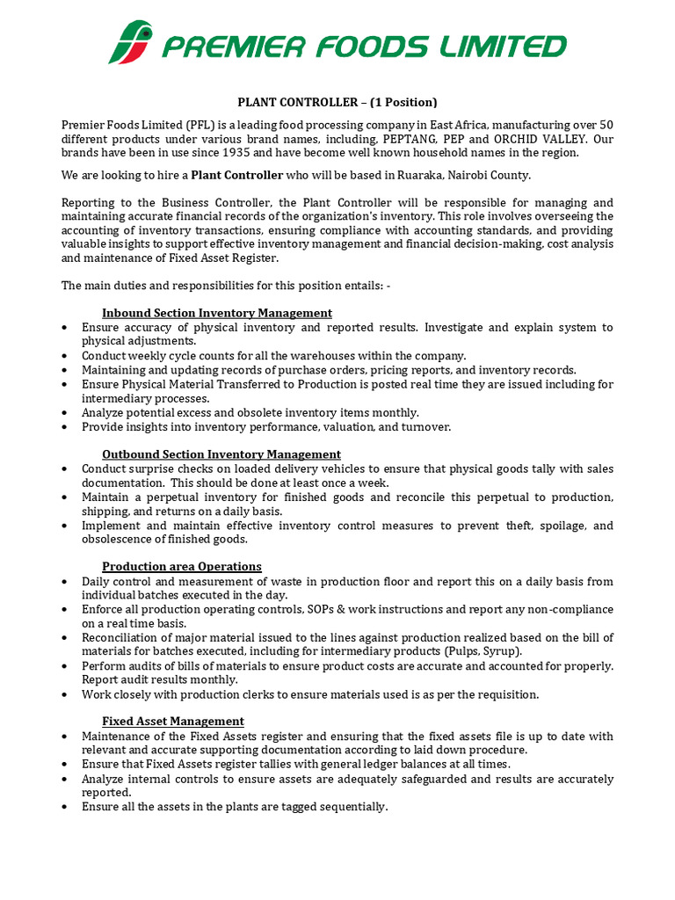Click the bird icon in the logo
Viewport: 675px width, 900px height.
point(131,43)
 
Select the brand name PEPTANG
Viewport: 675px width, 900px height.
point(406,139)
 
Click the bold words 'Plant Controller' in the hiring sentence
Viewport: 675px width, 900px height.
point(237,175)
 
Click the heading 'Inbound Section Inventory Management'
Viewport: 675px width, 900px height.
point(217,313)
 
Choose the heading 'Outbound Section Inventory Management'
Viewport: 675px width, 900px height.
point(221,454)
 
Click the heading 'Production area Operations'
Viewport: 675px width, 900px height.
point(182,567)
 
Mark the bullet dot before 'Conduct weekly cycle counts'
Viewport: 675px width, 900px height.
point(66,356)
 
